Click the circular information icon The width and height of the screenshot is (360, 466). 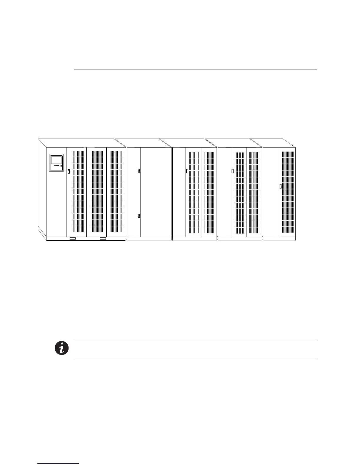click(x=61, y=348)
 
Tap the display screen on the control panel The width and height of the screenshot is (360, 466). click(x=56, y=160)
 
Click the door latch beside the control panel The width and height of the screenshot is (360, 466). click(x=69, y=171)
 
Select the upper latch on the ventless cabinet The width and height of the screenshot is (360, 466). click(x=139, y=171)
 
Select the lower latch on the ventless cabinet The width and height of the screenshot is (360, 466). click(x=139, y=216)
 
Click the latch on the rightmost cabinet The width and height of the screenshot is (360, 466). click(x=280, y=187)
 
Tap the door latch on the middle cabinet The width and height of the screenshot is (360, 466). click(x=187, y=171)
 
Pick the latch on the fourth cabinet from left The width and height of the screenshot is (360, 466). click(x=232, y=171)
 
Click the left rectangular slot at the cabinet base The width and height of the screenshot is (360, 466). click(x=72, y=238)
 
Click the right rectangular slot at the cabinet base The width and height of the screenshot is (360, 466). click(x=103, y=238)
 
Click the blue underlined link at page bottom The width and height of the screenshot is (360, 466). click(x=59, y=464)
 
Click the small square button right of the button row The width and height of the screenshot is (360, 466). click(x=61, y=166)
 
